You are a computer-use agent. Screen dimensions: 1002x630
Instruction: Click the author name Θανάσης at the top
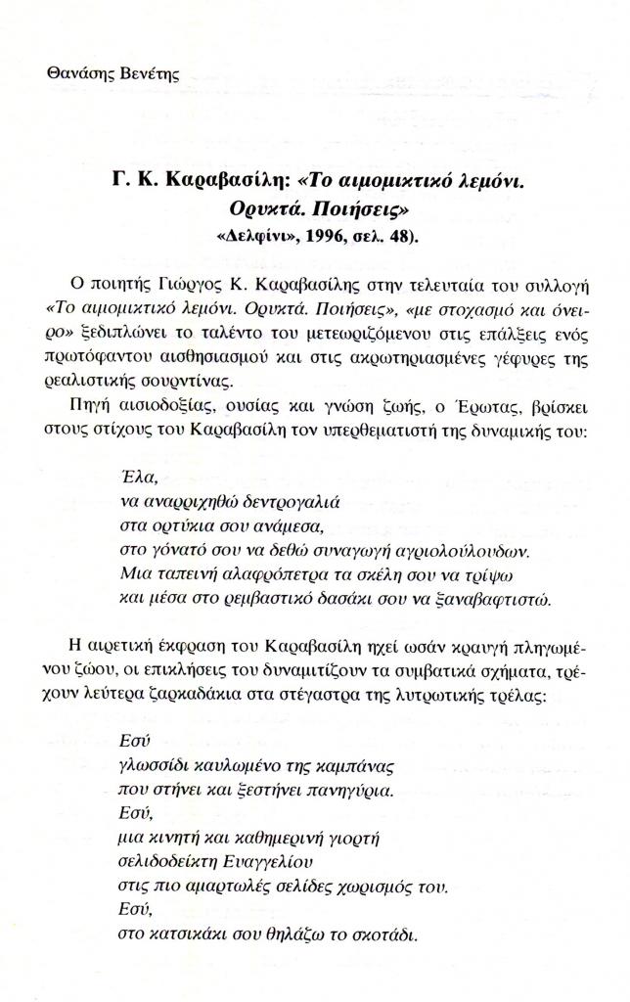[79, 73]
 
